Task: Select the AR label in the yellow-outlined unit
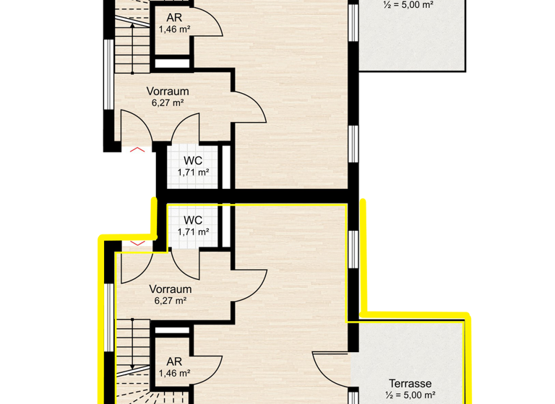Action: point(173,362)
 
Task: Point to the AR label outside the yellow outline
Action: point(173,17)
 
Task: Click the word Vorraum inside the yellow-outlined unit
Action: point(170,289)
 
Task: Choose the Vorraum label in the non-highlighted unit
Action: point(168,92)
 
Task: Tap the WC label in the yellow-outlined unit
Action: point(193,220)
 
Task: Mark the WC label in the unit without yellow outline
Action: point(193,160)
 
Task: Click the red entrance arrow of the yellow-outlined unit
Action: point(137,242)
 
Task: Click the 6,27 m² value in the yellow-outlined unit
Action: point(170,301)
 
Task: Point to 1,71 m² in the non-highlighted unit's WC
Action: point(193,172)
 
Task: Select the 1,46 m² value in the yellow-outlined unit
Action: point(173,374)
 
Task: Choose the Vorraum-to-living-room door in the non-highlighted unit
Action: point(249,108)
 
